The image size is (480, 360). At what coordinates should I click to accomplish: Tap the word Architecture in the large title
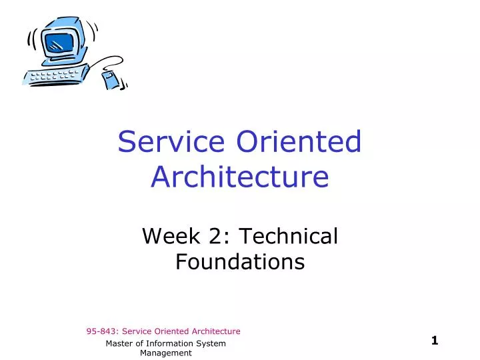(x=240, y=177)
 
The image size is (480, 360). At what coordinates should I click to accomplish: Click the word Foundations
(x=240, y=262)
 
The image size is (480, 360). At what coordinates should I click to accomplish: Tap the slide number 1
(x=435, y=341)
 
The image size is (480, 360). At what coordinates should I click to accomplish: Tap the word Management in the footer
(x=165, y=353)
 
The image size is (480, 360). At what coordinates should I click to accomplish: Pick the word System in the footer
(x=212, y=343)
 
